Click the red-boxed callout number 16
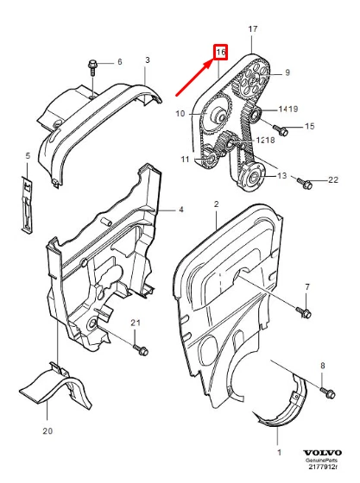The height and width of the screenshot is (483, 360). (x=221, y=52)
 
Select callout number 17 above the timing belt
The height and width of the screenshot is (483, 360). (x=253, y=29)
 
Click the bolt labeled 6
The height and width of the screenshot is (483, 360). (x=92, y=68)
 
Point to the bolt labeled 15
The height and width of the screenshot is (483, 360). (x=281, y=130)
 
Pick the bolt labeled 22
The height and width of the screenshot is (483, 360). (x=305, y=183)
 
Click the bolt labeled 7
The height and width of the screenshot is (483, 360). (x=304, y=312)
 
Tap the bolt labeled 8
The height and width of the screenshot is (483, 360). (x=327, y=392)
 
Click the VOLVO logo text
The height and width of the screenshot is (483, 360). (x=322, y=453)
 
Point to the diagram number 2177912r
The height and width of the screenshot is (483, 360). (x=324, y=467)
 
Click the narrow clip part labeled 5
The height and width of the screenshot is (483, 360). (x=27, y=205)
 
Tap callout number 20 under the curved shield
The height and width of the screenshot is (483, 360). (x=47, y=430)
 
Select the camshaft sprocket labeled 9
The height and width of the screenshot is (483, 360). (x=253, y=79)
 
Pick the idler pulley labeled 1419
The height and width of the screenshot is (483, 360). (x=256, y=115)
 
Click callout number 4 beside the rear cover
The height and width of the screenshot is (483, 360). (x=181, y=210)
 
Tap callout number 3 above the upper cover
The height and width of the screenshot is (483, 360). (x=148, y=60)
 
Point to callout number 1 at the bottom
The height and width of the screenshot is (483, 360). (x=279, y=453)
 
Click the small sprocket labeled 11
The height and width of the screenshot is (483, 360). (x=210, y=158)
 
